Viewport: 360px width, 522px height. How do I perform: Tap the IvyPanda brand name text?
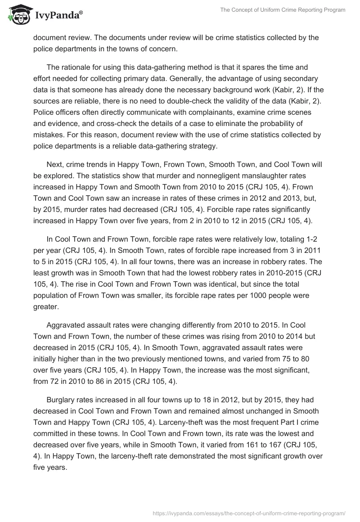pyautogui.click(x=58, y=15)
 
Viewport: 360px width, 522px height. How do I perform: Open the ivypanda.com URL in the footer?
pyautogui.click(x=249, y=513)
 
